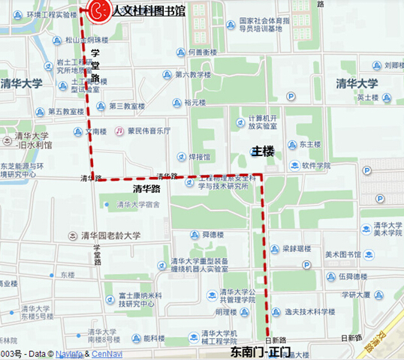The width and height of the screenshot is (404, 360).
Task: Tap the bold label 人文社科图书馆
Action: click(x=149, y=10)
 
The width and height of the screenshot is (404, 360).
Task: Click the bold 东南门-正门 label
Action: click(x=260, y=350)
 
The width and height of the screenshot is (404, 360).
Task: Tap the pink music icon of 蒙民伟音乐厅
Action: click(x=119, y=130)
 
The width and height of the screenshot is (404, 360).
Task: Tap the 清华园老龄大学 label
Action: click(x=110, y=235)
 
